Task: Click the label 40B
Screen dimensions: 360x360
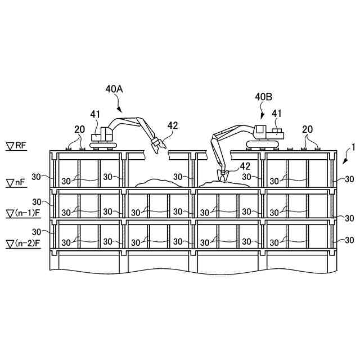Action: click(263, 97)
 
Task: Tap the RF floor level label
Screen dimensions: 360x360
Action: click(17, 146)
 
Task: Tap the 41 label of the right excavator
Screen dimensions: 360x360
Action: click(276, 114)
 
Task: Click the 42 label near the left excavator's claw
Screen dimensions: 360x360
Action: click(172, 125)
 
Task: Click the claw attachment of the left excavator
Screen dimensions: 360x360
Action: click(156, 145)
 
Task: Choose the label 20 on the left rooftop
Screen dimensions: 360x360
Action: click(79, 130)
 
